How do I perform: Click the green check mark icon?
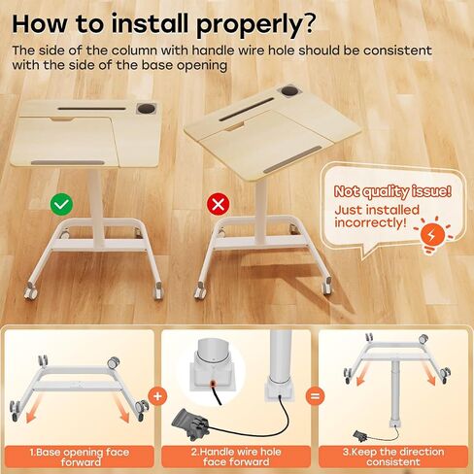[x=61, y=204]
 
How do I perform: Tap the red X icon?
[x=219, y=204]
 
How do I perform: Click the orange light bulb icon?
[x=432, y=236]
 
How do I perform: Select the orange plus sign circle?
[x=157, y=396]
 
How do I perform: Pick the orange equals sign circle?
[x=315, y=396]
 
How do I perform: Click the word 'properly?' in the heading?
[x=255, y=25]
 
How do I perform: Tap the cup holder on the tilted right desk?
[x=289, y=90]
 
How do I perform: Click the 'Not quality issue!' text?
[x=392, y=191]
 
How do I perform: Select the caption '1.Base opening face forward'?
[x=80, y=457]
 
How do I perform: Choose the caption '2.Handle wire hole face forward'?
[x=236, y=457]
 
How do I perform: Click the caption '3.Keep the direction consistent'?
[x=393, y=457]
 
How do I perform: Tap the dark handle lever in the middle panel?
[x=189, y=424]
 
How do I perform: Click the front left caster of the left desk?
[x=31, y=290]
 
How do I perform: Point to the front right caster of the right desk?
[x=327, y=286]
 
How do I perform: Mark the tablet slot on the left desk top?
[x=92, y=109]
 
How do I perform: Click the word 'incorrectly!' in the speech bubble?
[x=370, y=223]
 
